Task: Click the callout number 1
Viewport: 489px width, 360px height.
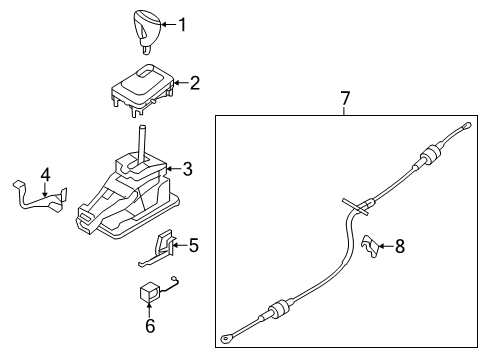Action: (x=182, y=23)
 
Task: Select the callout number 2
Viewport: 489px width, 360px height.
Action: (x=195, y=83)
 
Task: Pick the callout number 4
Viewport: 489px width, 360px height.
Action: (x=44, y=177)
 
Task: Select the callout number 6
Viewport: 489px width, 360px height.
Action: (x=150, y=325)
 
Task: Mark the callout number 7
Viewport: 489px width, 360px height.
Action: (x=345, y=98)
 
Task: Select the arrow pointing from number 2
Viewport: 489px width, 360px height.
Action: (x=177, y=83)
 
